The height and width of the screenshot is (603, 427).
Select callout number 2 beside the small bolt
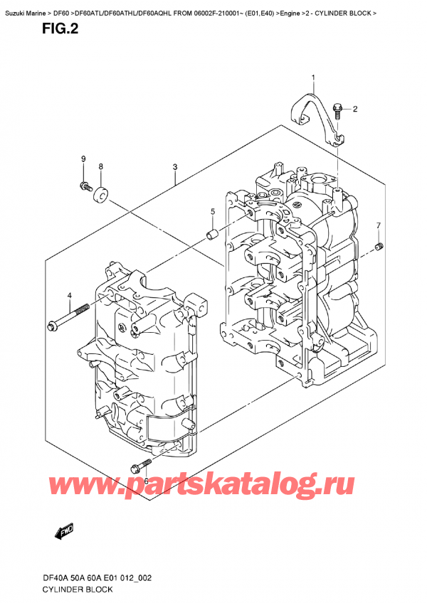[355, 109]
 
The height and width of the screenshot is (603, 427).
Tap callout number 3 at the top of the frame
[174, 167]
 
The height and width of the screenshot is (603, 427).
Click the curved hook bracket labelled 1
[313, 114]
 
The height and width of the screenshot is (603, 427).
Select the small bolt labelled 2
[339, 110]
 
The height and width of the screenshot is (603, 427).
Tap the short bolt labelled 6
[140, 465]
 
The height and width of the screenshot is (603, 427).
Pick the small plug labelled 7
[381, 246]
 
